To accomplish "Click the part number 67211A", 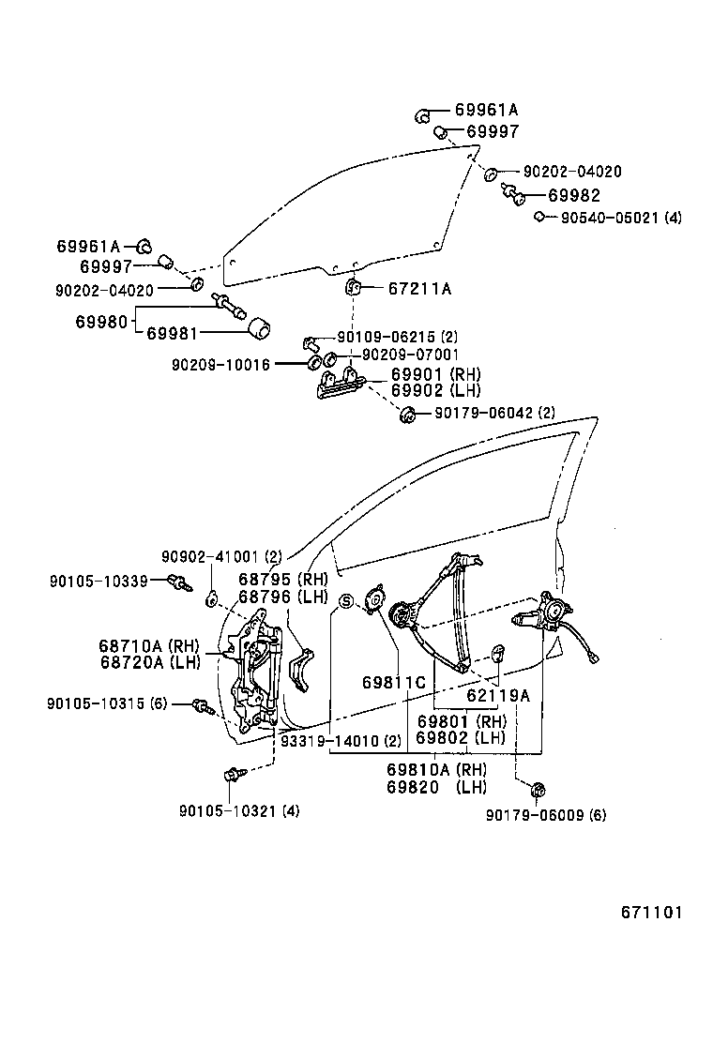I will click(x=419, y=289).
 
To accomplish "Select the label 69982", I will click(x=574, y=196).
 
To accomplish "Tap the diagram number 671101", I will click(x=650, y=912).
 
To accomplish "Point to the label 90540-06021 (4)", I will click(x=621, y=218).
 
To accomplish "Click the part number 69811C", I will click(x=394, y=682).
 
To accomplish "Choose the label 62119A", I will click(x=498, y=696).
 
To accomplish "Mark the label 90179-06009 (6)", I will click(x=546, y=815).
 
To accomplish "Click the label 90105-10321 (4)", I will click(x=239, y=810).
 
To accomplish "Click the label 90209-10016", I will click(x=220, y=363).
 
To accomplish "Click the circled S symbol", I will click(x=346, y=602).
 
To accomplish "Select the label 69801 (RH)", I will click(x=462, y=721).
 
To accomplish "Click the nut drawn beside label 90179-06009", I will click(x=539, y=790).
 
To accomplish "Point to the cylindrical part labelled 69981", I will click(x=258, y=329).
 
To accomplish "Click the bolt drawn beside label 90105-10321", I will click(x=232, y=775).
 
